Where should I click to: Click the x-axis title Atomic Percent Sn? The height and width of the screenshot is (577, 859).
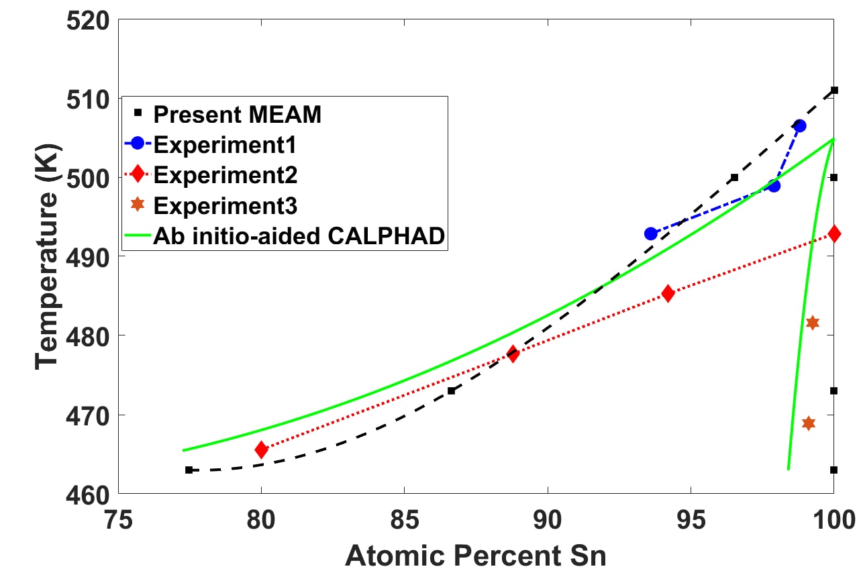click(475, 556)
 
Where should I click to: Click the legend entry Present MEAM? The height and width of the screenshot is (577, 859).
click(237, 115)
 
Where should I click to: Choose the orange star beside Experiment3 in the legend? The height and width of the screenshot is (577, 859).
click(138, 204)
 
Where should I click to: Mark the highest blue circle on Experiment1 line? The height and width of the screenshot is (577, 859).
click(799, 125)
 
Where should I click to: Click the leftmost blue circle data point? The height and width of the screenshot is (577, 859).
click(650, 233)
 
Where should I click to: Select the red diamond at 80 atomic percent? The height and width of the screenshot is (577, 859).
click(262, 450)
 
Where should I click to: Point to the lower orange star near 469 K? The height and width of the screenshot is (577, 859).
click(809, 423)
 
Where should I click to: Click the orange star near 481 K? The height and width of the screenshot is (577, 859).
click(813, 323)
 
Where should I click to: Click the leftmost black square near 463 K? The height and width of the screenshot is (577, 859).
click(189, 470)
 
